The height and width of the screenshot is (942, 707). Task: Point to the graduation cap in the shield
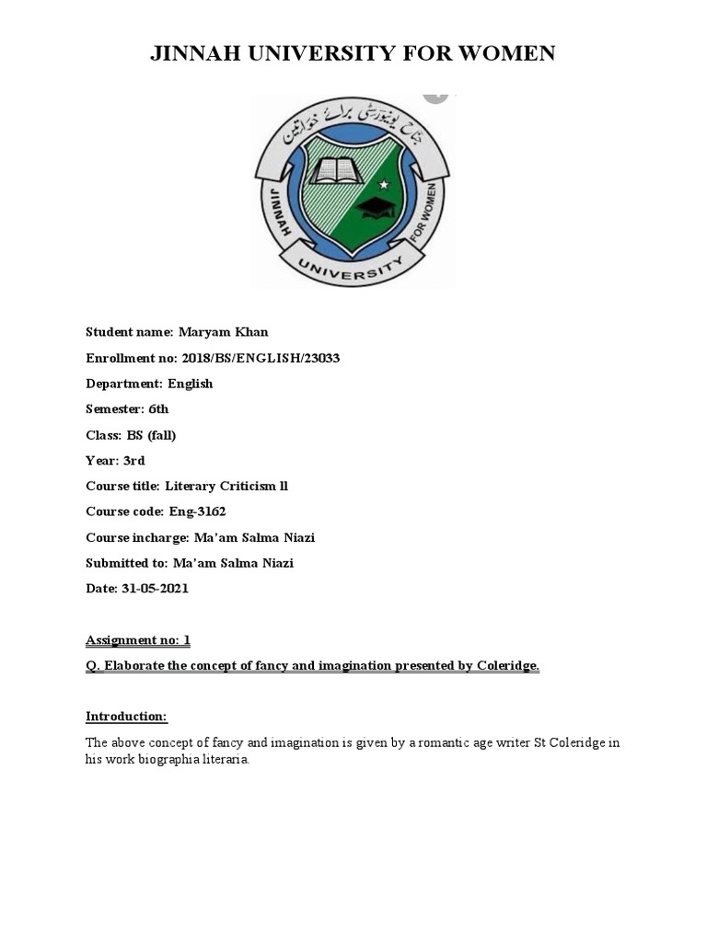[x=377, y=206]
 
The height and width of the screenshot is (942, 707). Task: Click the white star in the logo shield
[x=384, y=185]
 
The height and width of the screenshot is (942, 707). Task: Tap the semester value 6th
[x=152, y=409]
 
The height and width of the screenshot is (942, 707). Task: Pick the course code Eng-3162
[x=196, y=511]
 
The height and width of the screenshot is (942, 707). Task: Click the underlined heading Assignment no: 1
[x=137, y=639]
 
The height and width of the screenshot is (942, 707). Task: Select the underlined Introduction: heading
[x=126, y=717]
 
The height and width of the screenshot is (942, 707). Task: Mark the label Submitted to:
[x=126, y=563]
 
